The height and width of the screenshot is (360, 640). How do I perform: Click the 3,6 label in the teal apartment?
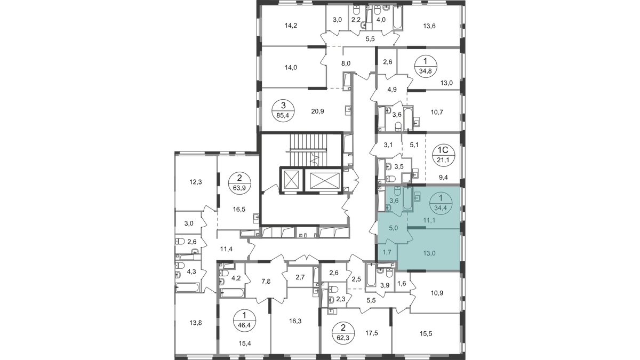click(395, 201)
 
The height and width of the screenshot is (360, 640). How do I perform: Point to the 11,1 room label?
click(429, 219)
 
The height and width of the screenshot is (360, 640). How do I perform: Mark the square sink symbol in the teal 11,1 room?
click(418, 196)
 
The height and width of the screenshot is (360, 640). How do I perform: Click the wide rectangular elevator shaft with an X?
click(323, 181)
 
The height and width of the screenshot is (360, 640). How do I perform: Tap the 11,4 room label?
click(228, 247)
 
